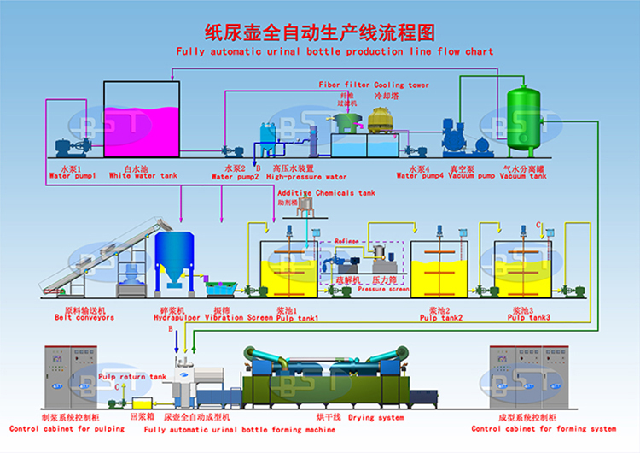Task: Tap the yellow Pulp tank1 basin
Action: coord(288,278)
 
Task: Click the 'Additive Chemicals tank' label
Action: coord(326,193)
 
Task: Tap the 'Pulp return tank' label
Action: coord(132,376)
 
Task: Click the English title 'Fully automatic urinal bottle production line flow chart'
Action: coord(335,51)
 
